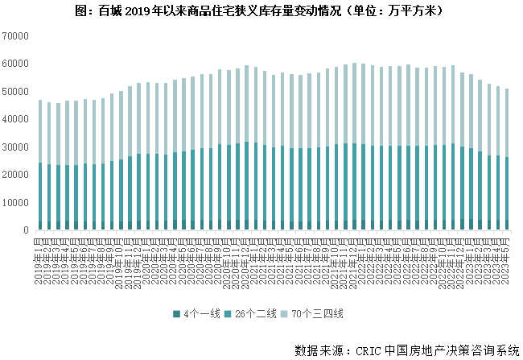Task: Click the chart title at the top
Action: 262,12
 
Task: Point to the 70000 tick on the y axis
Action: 15,36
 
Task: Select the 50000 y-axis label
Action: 15,92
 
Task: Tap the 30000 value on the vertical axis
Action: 15,147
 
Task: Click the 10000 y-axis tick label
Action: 15,203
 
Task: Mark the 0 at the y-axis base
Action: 27,230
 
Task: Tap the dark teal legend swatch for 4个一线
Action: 175,312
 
